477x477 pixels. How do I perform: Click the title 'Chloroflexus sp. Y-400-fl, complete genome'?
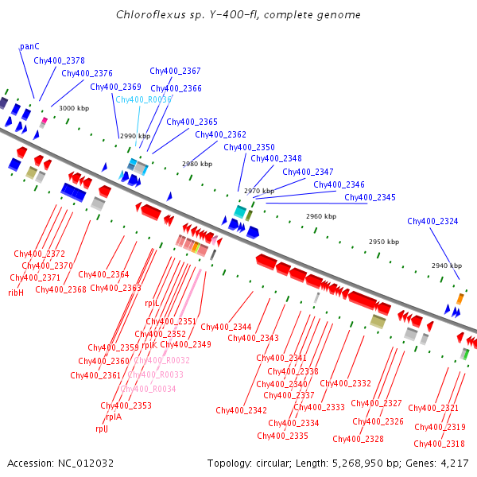238,14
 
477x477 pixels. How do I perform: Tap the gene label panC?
29,47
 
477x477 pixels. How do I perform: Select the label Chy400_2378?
59,60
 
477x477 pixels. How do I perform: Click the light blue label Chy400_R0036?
143,99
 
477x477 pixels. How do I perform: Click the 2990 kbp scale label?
134,136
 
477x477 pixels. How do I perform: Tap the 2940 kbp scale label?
447,266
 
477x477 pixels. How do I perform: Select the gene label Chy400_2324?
432,221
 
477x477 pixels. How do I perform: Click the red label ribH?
16,293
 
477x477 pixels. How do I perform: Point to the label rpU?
101,429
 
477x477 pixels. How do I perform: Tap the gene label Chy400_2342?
241,410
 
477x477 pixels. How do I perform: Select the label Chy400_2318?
440,444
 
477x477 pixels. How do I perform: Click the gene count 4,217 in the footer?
454,463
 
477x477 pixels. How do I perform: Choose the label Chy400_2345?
370,197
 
